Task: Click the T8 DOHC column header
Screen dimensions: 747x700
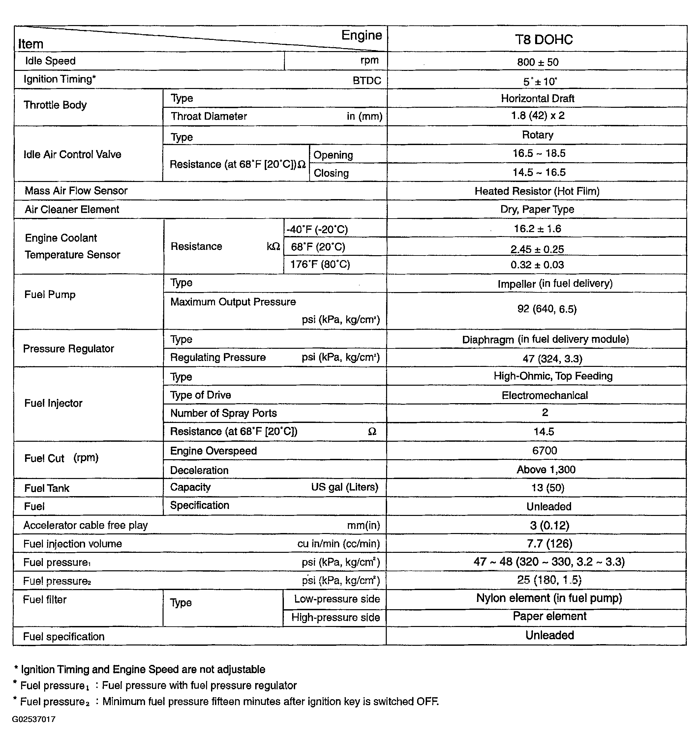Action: pos(543,40)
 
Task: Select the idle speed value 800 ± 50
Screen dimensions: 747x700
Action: pos(538,62)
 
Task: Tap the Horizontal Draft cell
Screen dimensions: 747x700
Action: pos(537,99)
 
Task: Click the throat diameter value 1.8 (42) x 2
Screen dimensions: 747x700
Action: pos(537,116)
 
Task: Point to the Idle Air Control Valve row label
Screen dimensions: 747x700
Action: pos(73,154)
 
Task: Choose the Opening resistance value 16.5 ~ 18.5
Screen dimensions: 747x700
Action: pos(539,153)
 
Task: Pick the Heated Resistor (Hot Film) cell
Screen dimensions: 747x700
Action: pos(537,191)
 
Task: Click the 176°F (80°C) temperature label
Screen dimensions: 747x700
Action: pos(320,264)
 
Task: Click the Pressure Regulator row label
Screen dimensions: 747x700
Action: pos(68,349)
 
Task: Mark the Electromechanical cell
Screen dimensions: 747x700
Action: pos(544,395)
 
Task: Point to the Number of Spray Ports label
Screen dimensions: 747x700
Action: pos(224,413)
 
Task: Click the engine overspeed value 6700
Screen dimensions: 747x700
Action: pos(544,451)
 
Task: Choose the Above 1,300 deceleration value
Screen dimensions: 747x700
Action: pos(546,470)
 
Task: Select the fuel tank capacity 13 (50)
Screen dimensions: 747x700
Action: pos(547,488)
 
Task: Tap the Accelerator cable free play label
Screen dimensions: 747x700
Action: pos(86,525)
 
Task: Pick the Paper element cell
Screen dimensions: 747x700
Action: pos(549,616)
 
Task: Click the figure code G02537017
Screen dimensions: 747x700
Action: pos(34,719)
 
